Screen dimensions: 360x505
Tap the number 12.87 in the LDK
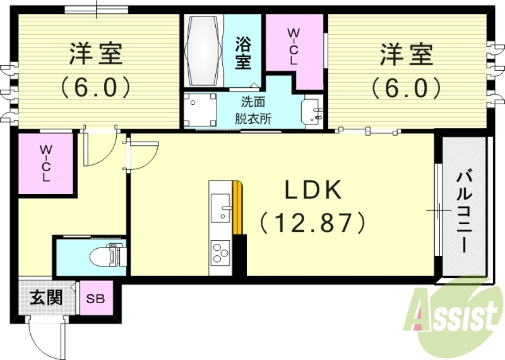313,222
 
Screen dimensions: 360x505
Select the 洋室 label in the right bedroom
406,54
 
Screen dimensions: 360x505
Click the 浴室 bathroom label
243,54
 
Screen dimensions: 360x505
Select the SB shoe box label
96,299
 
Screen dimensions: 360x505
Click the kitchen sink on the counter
221,208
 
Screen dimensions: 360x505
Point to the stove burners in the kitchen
221,253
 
